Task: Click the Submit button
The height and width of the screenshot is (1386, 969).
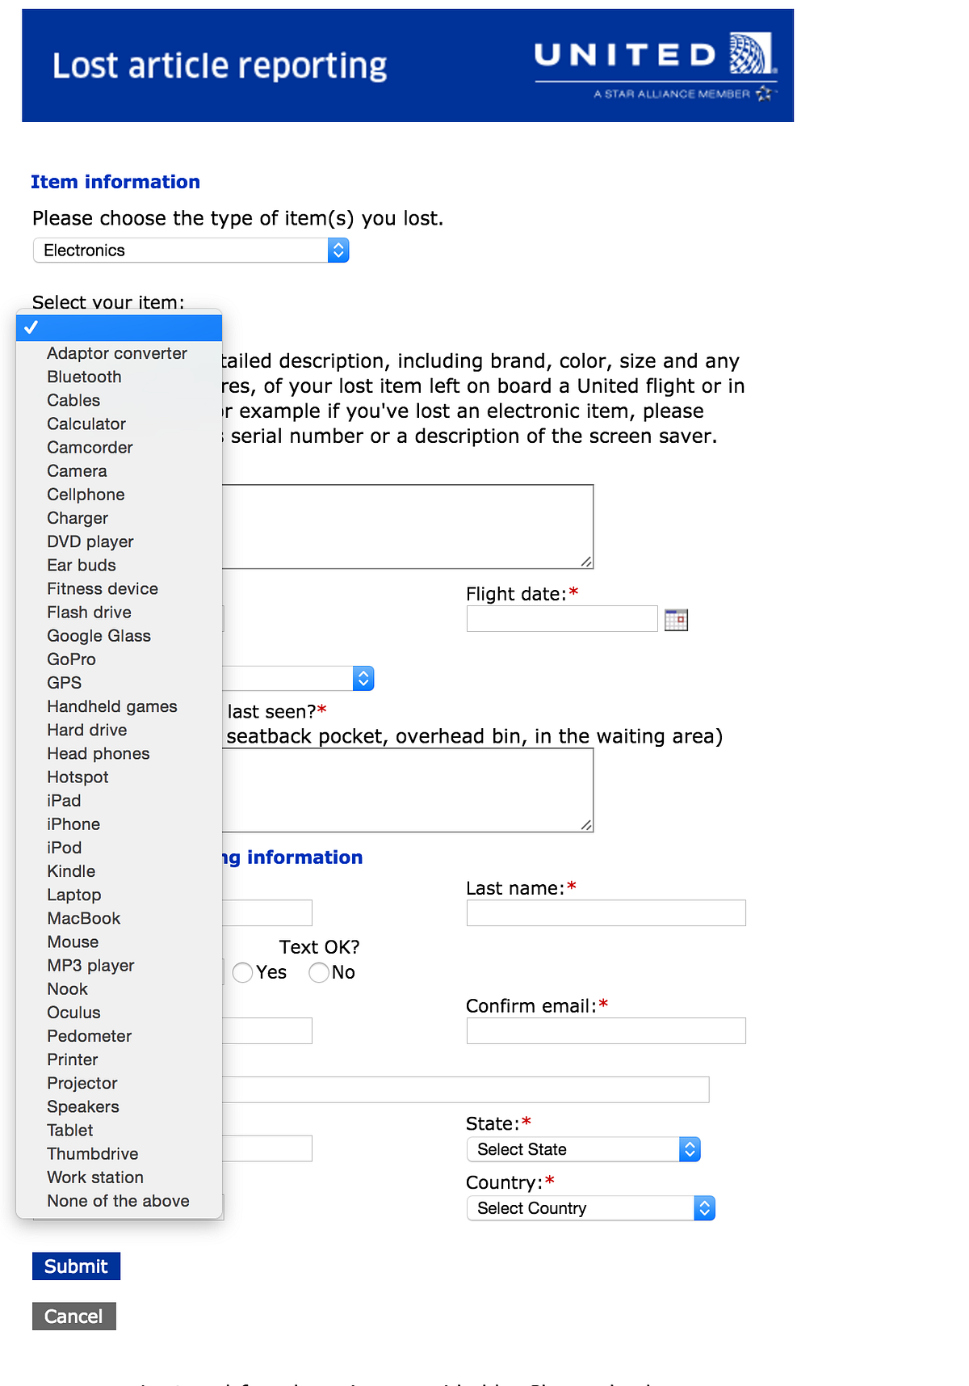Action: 76,1266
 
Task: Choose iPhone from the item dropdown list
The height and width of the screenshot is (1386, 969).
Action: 73,824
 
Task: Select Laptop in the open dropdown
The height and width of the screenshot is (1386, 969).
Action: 74,895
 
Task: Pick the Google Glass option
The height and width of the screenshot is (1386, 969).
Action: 99,636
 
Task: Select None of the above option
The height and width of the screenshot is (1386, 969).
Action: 118,1201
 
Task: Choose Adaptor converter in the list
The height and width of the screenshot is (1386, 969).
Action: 116,353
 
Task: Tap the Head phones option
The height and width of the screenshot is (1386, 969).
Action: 99,753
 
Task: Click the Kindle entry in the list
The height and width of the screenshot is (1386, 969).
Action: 71,871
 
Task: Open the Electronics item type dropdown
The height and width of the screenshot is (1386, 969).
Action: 191,251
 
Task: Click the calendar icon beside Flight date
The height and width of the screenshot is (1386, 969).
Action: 676,620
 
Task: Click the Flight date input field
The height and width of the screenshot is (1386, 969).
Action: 561,619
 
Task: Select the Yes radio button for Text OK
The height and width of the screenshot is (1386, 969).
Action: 242,972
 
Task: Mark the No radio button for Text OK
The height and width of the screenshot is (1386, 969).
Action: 319,972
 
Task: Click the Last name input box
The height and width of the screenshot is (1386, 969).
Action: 606,913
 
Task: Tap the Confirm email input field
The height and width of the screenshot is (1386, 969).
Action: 606,1031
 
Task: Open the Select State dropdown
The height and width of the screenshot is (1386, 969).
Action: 583,1149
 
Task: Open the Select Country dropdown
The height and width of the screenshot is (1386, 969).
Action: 590,1208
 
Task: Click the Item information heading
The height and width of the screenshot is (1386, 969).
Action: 115,182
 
